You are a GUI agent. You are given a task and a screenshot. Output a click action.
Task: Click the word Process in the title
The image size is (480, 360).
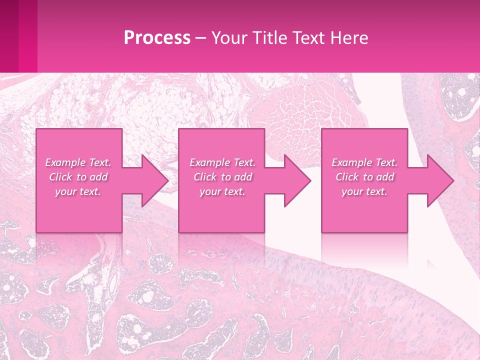157,38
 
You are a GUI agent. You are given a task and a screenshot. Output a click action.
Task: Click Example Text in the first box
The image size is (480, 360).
78,162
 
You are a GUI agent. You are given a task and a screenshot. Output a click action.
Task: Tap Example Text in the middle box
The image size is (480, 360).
222,162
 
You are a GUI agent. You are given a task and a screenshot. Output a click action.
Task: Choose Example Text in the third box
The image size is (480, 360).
364,162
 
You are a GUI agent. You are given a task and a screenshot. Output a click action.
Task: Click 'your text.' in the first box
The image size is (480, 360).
78,191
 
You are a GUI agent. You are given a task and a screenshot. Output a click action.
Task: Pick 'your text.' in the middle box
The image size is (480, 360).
222,191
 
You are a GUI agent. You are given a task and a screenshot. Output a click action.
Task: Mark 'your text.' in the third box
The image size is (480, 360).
364,191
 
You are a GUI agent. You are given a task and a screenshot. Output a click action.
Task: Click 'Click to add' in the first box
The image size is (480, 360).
78,177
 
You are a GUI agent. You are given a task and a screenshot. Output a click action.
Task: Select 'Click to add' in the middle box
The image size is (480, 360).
222,177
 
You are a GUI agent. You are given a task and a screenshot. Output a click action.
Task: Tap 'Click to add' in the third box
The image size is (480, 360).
364,177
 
